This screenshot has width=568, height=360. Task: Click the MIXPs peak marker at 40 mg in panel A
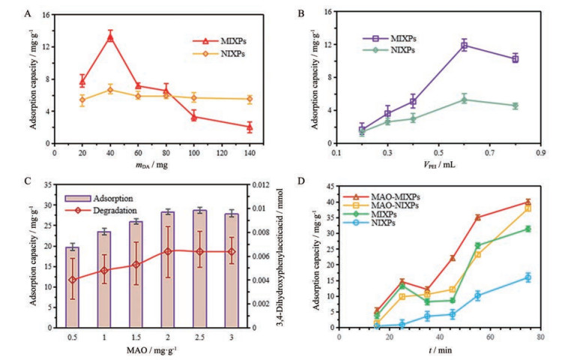click(110, 37)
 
